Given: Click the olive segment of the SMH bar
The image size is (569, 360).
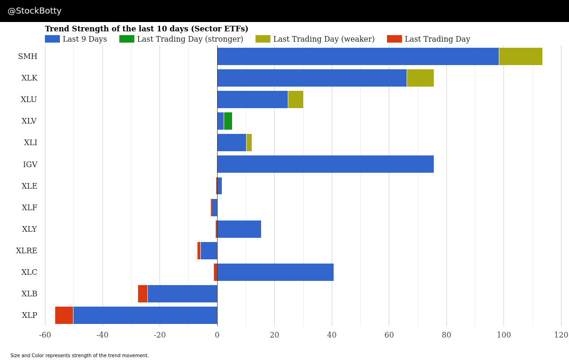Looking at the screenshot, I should click(520, 56).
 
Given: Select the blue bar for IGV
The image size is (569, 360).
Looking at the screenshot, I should click(325, 164).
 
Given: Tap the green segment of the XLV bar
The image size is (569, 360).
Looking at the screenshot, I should click(228, 121).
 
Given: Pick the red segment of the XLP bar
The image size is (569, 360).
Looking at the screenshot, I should click(64, 316).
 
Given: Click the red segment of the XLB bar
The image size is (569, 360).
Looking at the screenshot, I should click(143, 294).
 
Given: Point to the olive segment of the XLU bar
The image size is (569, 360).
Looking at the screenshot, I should click(296, 100).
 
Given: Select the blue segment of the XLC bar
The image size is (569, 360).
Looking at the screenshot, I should click(275, 272).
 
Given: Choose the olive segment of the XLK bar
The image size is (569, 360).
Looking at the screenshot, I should click(420, 78).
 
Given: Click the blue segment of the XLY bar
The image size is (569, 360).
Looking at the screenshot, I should click(239, 229).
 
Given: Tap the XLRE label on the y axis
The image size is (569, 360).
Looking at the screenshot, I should click(27, 251).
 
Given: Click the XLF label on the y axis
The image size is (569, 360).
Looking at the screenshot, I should click(29, 208).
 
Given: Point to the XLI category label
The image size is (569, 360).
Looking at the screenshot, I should click(31, 143).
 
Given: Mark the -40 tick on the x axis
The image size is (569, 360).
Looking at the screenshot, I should click(102, 335).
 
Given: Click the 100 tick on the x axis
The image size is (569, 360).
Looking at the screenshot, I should click(503, 335).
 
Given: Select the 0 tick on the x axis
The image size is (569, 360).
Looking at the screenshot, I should click(217, 335).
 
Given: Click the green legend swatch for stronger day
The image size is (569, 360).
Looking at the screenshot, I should click(127, 39).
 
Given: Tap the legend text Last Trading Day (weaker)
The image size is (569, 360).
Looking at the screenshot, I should click(324, 39).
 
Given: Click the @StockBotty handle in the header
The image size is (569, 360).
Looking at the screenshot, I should click(35, 11).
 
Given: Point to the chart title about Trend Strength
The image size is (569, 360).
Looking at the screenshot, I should click(146, 29).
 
